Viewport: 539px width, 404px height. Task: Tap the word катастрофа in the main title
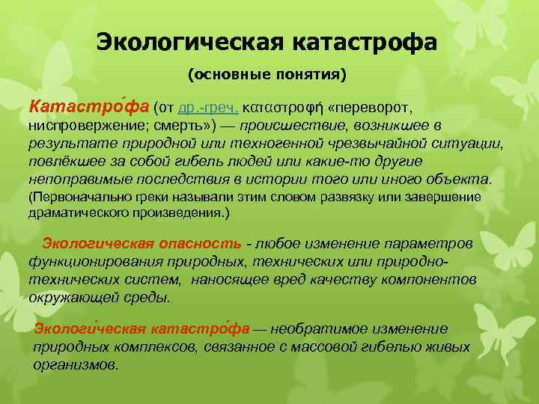point(361,41)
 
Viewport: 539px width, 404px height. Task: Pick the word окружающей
point(68,296)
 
